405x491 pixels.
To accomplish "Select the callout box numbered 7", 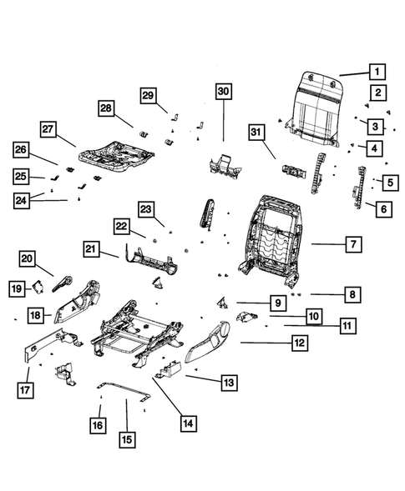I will pyautogui.click(x=354, y=245).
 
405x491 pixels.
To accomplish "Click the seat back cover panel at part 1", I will pyautogui.click(x=317, y=104).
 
